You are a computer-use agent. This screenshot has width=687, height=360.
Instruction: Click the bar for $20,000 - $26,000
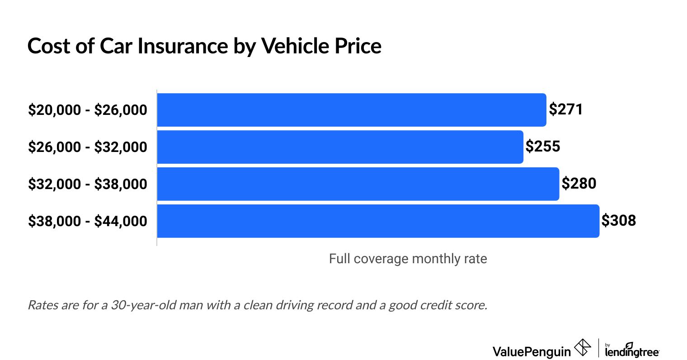(352, 110)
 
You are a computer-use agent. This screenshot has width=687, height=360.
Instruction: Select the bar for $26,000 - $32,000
(340, 147)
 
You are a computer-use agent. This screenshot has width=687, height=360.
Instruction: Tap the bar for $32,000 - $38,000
(358, 184)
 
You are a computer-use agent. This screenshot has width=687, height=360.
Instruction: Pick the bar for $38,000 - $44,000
(378, 221)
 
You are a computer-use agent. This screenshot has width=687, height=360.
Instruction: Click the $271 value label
(566, 109)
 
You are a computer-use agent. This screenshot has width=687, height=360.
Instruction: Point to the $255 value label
(543, 147)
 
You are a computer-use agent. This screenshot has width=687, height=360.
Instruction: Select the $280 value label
(579, 184)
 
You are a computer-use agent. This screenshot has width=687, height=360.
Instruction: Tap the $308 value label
(619, 221)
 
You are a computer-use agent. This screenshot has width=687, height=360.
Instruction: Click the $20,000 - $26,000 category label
(88, 110)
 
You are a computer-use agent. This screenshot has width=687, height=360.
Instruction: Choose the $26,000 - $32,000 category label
(88, 147)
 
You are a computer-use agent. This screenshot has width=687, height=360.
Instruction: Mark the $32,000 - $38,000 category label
(88, 184)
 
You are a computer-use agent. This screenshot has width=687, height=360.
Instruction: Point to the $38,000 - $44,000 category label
(88, 221)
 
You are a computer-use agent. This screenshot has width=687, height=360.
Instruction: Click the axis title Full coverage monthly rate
(408, 259)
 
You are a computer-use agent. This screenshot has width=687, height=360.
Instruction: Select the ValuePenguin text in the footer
(532, 351)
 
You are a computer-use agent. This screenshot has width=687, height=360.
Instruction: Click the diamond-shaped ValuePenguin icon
(582, 348)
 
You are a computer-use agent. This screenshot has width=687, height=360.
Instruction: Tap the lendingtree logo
(632, 350)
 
